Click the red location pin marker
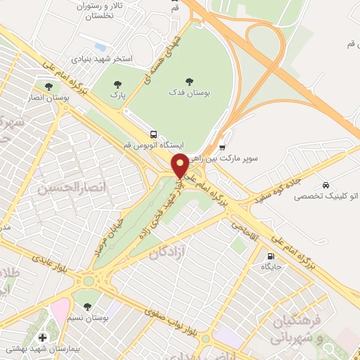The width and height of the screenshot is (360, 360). click(179, 166)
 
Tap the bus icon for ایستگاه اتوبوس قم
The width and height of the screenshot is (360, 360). click(153, 134)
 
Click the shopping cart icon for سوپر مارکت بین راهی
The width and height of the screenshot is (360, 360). click(222, 148)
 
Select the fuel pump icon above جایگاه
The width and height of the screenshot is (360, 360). click(271, 255)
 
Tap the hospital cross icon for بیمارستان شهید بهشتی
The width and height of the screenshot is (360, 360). click(44, 338)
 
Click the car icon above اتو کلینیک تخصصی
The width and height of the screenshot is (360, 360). click(325, 184)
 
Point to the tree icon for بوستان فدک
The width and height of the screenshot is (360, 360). click(188, 80)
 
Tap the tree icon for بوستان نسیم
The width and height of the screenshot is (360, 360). click(86, 307)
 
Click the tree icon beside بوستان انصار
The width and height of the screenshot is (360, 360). click(48, 87)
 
